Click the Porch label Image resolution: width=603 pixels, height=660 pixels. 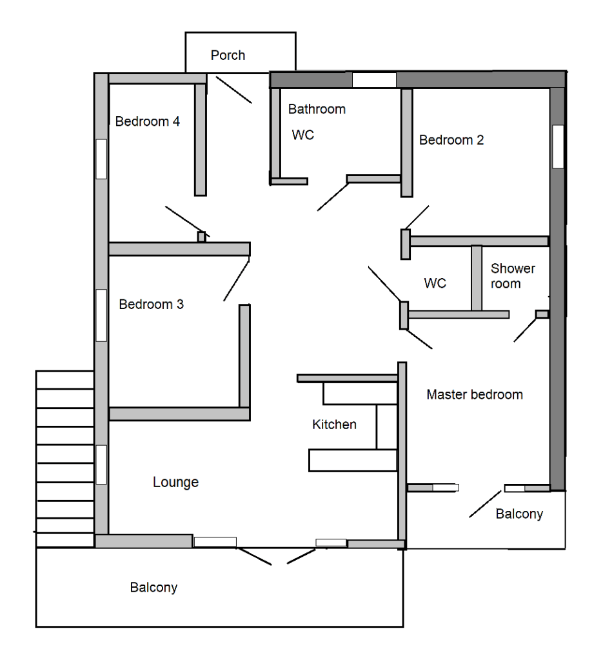(228, 55)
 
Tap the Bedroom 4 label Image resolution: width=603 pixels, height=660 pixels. (147, 121)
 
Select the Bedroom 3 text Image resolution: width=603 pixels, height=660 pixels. (151, 304)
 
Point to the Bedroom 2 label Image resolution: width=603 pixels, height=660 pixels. (451, 140)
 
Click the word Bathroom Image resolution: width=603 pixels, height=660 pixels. (317, 109)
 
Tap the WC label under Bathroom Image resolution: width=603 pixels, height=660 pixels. (303, 135)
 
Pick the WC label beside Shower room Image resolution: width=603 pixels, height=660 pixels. (435, 283)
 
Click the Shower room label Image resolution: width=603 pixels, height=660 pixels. (513, 275)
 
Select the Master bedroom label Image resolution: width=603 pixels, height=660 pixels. (475, 394)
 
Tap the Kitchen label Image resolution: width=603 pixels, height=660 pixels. (334, 425)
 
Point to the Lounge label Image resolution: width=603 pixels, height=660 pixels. (175, 482)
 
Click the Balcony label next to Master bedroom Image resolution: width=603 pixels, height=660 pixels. (519, 514)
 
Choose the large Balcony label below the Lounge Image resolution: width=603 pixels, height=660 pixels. (153, 588)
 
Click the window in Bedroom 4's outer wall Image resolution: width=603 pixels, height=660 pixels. (101, 159)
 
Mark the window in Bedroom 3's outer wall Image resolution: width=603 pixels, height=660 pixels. (101, 315)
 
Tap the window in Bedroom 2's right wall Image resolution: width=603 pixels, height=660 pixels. (558, 146)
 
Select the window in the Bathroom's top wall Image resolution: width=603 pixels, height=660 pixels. (374, 80)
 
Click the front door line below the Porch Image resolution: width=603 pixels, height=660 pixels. (234, 90)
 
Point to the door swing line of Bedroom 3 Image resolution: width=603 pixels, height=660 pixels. (237, 279)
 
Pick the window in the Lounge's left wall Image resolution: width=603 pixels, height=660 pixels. (101, 465)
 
